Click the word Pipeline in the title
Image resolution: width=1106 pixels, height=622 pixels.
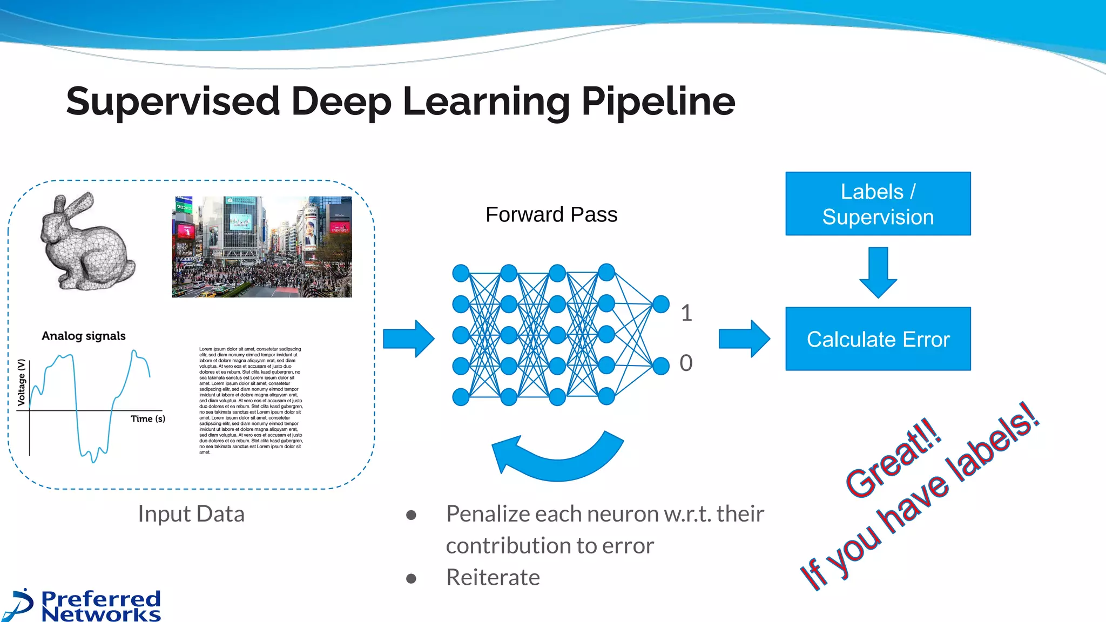coord(658,102)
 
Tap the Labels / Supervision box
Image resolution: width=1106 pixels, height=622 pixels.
coord(878,204)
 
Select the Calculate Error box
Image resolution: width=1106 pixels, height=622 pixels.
coord(878,339)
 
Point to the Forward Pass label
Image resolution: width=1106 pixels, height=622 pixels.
coord(551,214)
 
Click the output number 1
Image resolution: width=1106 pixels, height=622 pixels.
coord(686,313)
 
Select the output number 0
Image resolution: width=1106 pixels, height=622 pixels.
coord(686,363)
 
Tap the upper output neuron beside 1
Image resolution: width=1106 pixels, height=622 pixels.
coord(661,304)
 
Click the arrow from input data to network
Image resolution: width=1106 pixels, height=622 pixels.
coord(408,339)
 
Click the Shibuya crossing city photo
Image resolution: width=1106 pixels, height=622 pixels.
coord(262,247)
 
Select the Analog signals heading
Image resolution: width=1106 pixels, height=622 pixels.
coord(84,336)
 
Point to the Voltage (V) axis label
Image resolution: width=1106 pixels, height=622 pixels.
coord(22,382)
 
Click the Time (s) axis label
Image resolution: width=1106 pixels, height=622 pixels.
coord(148,418)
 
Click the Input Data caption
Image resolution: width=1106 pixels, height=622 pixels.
coord(191,513)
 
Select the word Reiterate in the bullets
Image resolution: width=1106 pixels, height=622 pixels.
coord(493,577)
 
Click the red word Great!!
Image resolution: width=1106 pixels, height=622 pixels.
coord(894,457)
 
